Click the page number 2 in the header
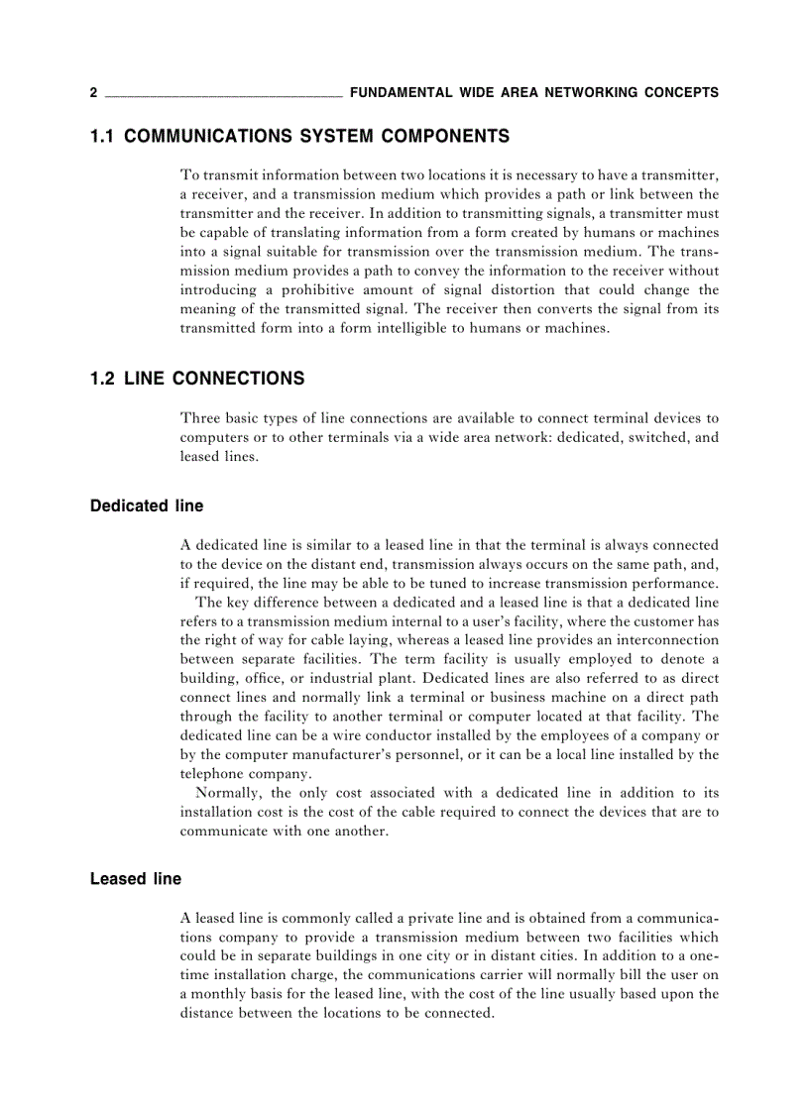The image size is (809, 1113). (x=93, y=93)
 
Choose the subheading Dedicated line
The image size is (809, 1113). (x=147, y=505)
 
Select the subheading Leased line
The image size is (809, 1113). (x=136, y=879)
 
